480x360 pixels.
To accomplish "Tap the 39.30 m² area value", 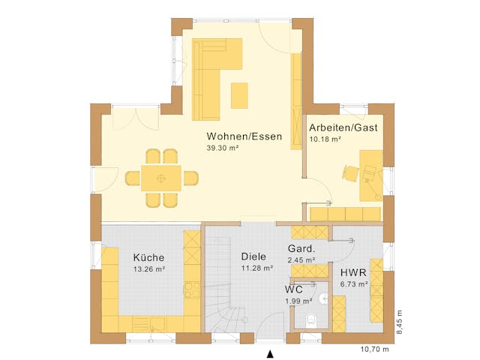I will (222, 148).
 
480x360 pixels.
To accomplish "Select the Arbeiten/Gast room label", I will (343, 128).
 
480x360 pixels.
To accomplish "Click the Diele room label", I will (253, 256).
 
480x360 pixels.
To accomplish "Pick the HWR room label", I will (352, 273).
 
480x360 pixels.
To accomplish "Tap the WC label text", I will (293, 289).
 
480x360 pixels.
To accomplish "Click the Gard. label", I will (301, 249).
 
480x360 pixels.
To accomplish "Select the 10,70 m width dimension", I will (376, 349).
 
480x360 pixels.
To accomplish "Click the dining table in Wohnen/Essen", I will (161, 178).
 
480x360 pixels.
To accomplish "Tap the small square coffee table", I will (239, 95).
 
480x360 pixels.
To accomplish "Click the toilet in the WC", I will (312, 320).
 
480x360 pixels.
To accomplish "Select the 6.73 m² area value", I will (353, 284).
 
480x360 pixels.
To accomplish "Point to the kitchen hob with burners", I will (192, 289).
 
